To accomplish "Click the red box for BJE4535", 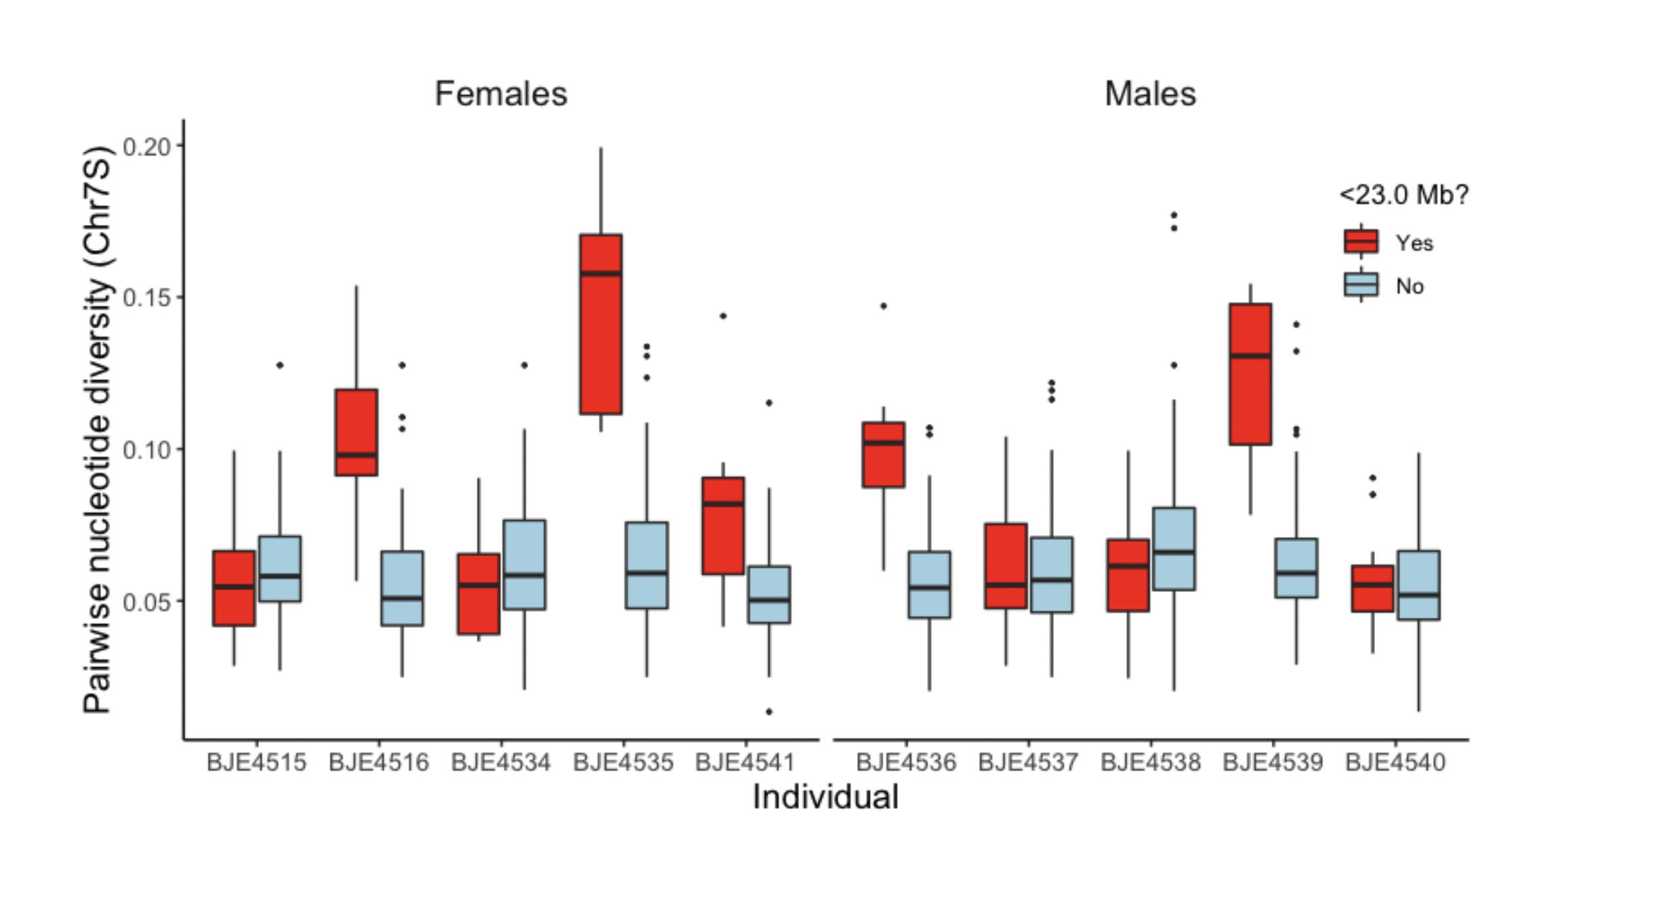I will [x=600, y=324].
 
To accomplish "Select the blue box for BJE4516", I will [x=402, y=588].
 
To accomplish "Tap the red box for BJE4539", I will [x=1250, y=374].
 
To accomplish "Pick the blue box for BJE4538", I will [x=1174, y=549].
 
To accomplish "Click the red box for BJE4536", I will [x=883, y=454].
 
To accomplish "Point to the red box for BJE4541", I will [x=723, y=526].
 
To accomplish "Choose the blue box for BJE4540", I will [x=1418, y=585].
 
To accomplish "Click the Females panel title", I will [x=501, y=94].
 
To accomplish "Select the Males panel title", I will [x=1150, y=94].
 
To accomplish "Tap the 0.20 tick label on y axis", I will [x=146, y=146].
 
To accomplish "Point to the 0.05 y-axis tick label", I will [x=146, y=602].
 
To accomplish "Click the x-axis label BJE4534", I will [x=501, y=762].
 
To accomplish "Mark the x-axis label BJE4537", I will [x=1028, y=762].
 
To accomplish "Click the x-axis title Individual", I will [x=825, y=797].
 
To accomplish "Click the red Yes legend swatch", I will [x=1361, y=241].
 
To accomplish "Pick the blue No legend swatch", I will [x=1361, y=285].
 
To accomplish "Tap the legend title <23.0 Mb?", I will [x=1403, y=195].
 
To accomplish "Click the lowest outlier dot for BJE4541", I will [x=769, y=712].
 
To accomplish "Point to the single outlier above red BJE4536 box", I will [x=884, y=306].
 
